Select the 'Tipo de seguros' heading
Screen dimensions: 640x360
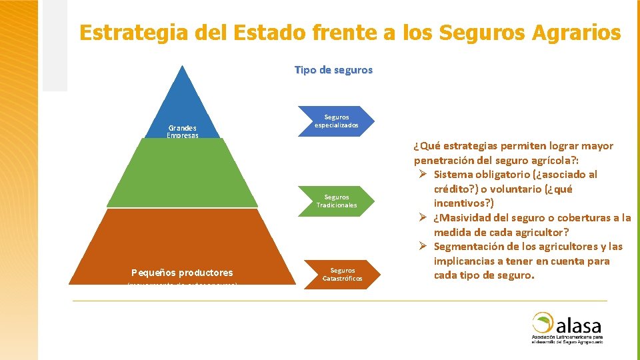point(333,70)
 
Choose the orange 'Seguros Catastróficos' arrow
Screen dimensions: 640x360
point(341,274)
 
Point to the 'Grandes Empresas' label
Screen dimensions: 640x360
point(182,131)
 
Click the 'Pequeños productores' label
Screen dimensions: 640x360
point(182,273)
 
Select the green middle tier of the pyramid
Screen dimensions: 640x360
point(183,173)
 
